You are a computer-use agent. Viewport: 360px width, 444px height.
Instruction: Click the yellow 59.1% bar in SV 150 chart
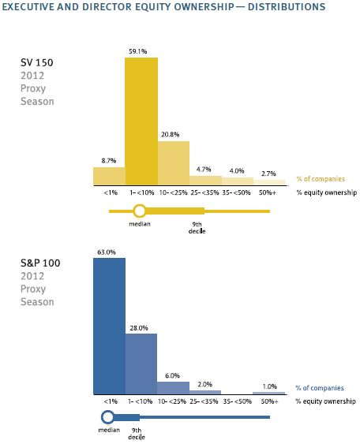click(x=141, y=121)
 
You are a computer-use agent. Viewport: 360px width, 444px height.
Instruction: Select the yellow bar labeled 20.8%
click(x=174, y=163)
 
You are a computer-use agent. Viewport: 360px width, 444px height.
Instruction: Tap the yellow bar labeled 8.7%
click(x=110, y=176)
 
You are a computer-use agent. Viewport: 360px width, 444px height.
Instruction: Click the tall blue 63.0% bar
click(x=110, y=326)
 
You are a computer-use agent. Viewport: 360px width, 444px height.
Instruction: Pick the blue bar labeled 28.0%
click(x=141, y=364)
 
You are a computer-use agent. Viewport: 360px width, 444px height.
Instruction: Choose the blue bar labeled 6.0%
click(x=173, y=388)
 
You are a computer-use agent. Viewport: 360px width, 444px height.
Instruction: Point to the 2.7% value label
click(x=268, y=173)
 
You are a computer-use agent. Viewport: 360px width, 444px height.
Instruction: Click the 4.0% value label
click(x=237, y=171)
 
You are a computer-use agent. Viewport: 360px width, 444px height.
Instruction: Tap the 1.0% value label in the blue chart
click(x=269, y=386)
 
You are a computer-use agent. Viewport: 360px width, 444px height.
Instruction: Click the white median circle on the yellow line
click(x=140, y=211)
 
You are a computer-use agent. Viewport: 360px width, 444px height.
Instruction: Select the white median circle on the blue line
click(x=107, y=417)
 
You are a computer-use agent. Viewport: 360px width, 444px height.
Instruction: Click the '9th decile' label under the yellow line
click(x=197, y=228)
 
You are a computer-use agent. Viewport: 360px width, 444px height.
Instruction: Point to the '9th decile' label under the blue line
click(x=137, y=434)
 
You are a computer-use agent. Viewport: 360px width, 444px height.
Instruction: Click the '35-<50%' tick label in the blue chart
click(x=238, y=401)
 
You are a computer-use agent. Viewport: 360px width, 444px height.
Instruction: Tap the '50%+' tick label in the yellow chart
click(x=268, y=192)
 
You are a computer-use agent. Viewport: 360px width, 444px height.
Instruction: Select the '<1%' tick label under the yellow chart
click(x=111, y=192)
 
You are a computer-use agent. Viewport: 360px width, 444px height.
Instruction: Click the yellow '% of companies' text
click(x=321, y=179)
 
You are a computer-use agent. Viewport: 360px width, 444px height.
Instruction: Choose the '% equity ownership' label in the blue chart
click(x=325, y=401)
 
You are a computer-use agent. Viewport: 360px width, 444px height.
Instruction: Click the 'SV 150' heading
click(x=37, y=62)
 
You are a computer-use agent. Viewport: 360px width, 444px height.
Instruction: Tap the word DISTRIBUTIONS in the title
click(x=287, y=7)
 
